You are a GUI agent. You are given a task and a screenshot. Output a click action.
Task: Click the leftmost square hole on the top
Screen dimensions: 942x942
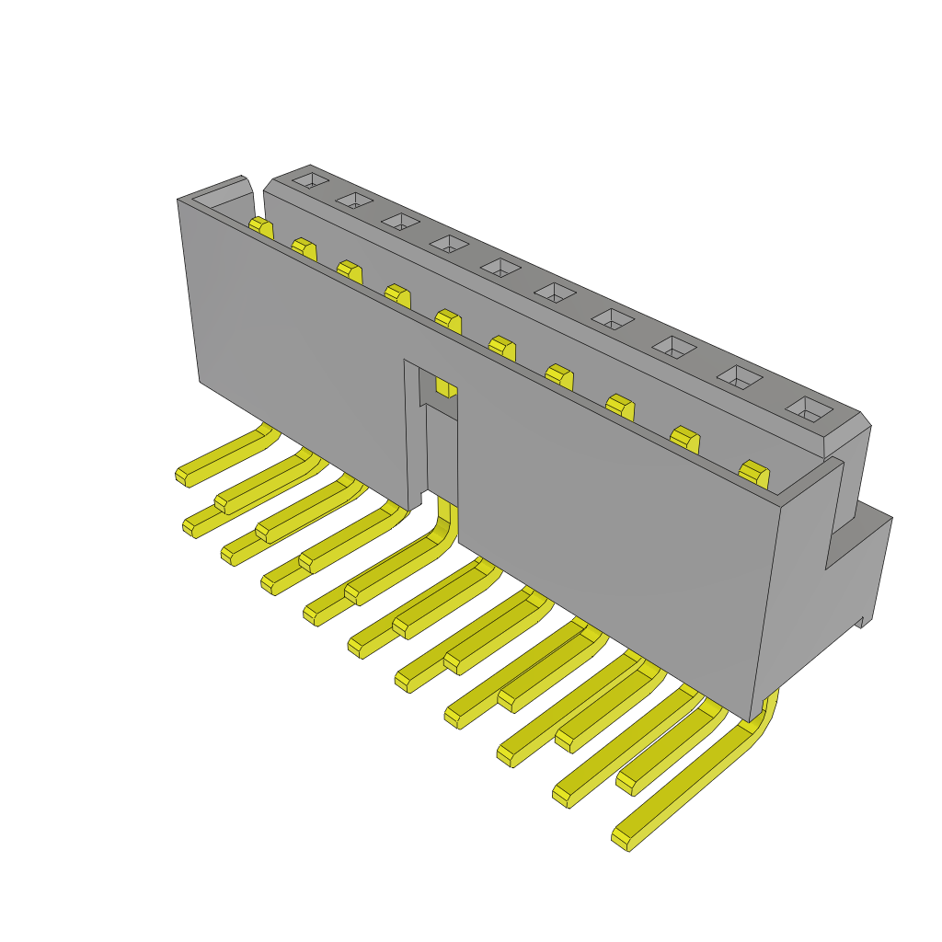(310, 180)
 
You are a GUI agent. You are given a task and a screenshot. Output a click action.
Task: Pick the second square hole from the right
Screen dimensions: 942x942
(741, 376)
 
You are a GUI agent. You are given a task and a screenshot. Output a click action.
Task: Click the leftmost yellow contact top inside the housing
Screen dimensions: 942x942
(261, 226)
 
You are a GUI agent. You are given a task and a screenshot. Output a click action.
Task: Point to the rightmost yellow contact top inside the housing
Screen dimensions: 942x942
(753, 474)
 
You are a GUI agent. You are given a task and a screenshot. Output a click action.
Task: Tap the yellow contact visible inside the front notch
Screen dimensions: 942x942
(446, 386)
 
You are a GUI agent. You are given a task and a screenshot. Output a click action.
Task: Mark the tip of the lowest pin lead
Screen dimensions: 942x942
(622, 838)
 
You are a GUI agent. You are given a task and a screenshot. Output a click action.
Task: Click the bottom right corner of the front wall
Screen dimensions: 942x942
(752, 719)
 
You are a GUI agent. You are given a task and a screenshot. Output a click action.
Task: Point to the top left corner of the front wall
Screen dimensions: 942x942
(178, 201)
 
